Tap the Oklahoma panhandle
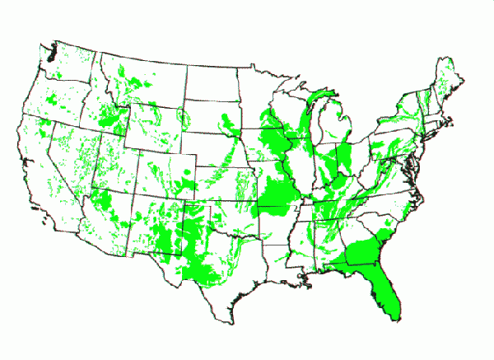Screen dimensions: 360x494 coord(198,203)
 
